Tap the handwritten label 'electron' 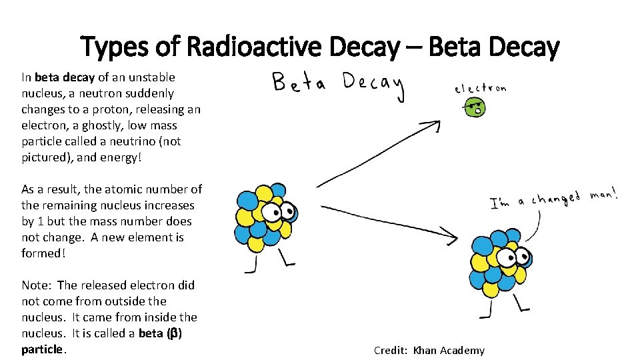pos(480,89)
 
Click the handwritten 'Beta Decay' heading pos(338,85)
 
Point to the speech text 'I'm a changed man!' pos(553,199)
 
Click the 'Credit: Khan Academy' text pos(429,350)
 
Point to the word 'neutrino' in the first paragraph pos(136,141)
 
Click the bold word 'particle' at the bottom pos(42,349)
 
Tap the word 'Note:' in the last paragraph pos(36,285)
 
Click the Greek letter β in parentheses pos(173,333)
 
